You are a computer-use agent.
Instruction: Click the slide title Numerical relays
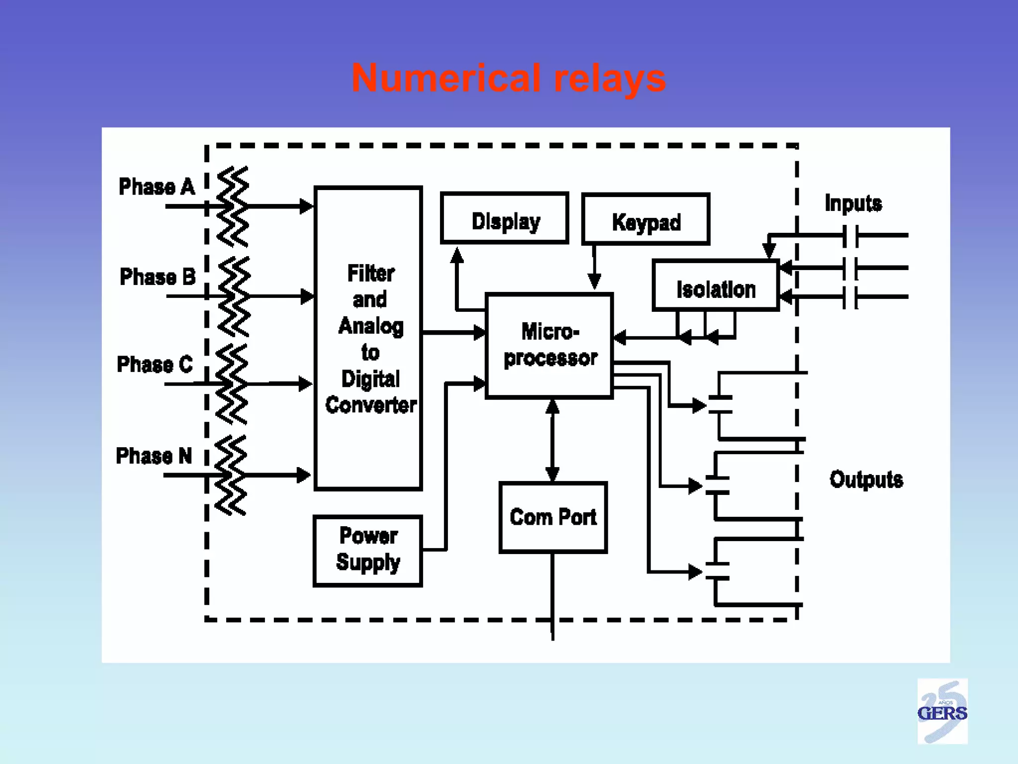click(509, 79)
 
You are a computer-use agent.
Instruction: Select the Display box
click(505, 218)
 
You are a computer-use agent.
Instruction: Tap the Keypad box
click(646, 219)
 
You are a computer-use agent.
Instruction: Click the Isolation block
click(716, 286)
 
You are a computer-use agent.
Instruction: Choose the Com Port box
click(553, 517)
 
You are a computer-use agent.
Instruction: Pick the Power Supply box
click(368, 551)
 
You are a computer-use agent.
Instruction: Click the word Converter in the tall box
click(371, 405)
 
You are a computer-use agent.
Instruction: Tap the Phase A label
click(157, 187)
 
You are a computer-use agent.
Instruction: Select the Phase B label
click(158, 277)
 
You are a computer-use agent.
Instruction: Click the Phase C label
click(155, 364)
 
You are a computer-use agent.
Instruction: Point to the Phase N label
click(154, 456)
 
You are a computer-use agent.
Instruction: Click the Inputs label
click(853, 203)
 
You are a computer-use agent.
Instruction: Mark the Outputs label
click(866, 479)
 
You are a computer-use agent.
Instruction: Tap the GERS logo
click(942, 711)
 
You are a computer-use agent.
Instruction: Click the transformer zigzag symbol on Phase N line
click(231, 475)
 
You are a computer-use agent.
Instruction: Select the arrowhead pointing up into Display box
click(457, 255)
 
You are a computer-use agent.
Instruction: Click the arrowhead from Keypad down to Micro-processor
click(594, 282)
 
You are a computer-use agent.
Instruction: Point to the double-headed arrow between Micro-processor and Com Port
click(552, 440)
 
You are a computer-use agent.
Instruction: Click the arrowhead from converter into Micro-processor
click(479, 332)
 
